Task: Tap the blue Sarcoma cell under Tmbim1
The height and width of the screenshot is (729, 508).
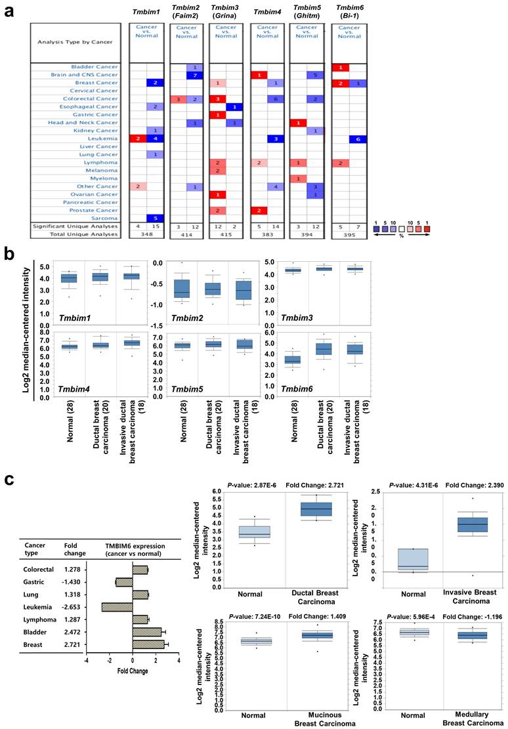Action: [155, 217]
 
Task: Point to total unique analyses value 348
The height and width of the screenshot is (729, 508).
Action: [146, 234]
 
